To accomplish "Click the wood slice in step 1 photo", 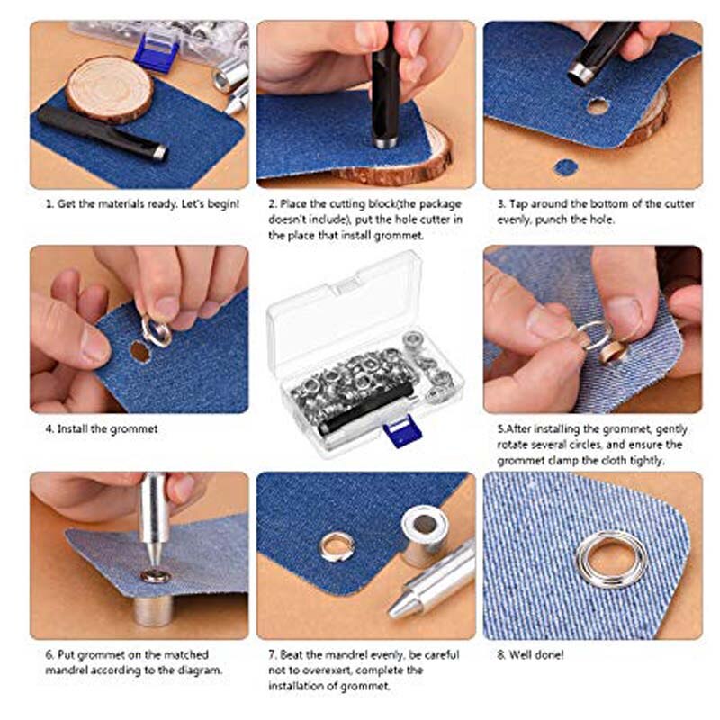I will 109,88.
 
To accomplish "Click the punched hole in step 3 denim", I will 597,106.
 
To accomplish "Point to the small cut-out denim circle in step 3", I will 565,167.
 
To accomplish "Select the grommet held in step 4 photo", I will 157,332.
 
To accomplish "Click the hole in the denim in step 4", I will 139,351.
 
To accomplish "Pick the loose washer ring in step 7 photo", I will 337,546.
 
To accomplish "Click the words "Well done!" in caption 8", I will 536,654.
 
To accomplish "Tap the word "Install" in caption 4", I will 73,429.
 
